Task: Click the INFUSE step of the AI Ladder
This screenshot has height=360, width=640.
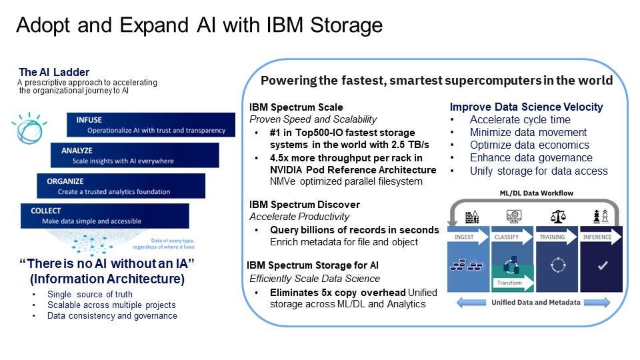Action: [151, 125]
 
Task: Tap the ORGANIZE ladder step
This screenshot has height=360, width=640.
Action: [121, 186]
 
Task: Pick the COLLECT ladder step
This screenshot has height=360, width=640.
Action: [105, 216]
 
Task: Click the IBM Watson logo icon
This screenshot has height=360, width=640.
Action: [29, 126]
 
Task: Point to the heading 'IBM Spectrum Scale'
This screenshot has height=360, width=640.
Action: [296, 107]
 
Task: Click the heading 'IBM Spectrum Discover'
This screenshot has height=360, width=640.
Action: [305, 204]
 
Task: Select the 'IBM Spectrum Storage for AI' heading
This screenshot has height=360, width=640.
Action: [313, 265]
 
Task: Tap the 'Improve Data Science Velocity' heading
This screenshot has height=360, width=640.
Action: [526, 107]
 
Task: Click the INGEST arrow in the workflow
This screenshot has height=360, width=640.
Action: [467, 237]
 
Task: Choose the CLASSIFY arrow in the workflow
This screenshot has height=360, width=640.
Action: [511, 237]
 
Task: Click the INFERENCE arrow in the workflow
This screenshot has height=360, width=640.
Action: [600, 237]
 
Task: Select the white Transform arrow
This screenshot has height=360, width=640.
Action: [513, 282]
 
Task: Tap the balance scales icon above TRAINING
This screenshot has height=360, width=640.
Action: [557, 216]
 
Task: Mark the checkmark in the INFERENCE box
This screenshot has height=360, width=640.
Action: [603, 265]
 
